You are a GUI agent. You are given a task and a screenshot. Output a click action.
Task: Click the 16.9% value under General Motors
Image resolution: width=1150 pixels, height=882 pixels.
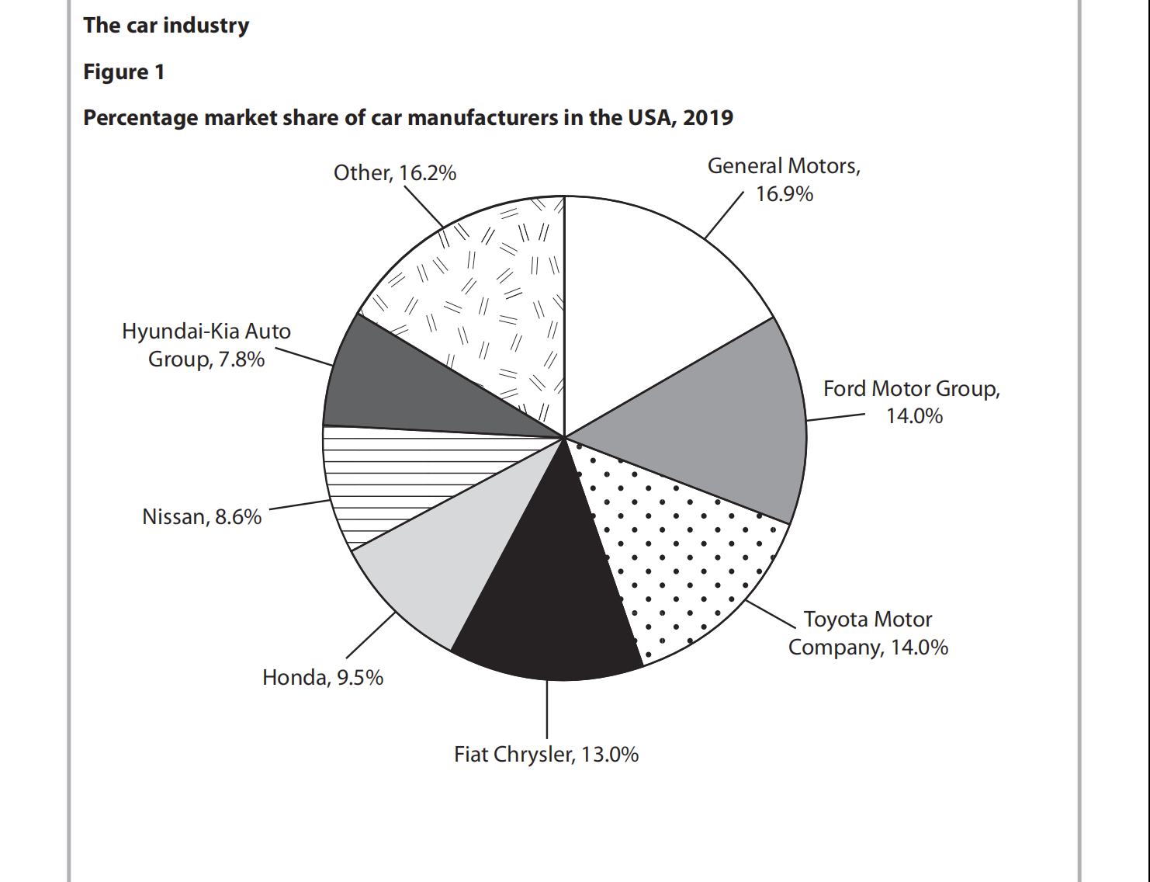pyautogui.click(x=785, y=194)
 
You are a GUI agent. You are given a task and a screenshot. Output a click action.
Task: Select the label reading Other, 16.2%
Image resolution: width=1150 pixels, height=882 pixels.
pyautogui.click(x=395, y=172)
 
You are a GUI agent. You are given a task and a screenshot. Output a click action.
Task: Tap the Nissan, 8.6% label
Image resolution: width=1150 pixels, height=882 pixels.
pyautogui.click(x=202, y=517)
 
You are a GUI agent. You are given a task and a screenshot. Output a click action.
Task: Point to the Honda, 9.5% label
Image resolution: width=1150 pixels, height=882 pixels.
pyautogui.click(x=323, y=678)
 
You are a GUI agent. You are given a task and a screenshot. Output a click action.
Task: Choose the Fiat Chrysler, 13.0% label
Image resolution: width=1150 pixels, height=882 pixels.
pyautogui.click(x=546, y=755)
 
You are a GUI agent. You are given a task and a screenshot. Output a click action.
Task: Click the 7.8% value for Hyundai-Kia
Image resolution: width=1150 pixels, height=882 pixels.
pyautogui.click(x=240, y=359)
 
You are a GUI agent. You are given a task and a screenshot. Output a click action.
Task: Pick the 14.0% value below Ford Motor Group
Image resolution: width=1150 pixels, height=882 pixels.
pyautogui.click(x=914, y=416)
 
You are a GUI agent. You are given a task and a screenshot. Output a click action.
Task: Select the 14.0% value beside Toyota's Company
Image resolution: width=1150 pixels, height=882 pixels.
pyautogui.click(x=920, y=648)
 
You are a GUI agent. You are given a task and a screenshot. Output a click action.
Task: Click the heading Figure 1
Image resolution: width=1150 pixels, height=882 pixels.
pyautogui.click(x=124, y=72)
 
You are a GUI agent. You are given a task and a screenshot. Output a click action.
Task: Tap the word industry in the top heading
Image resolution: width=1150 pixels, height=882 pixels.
pyautogui.click(x=206, y=26)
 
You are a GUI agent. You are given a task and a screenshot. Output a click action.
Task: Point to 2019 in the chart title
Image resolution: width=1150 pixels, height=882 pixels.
pyautogui.click(x=708, y=118)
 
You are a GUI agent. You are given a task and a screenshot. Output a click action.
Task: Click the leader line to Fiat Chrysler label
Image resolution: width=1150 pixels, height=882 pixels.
pyautogui.click(x=547, y=710)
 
